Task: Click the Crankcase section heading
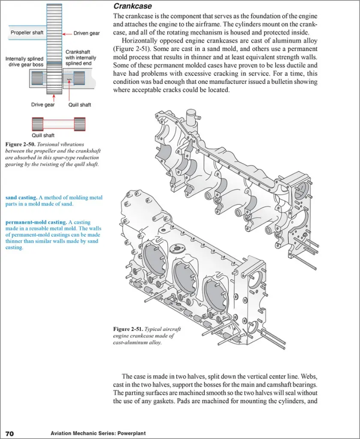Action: click(x=133, y=6)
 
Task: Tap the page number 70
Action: click(x=9, y=433)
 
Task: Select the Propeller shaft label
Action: click(x=27, y=33)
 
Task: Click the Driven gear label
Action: click(x=87, y=33)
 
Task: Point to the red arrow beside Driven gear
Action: click(x=67, y=34)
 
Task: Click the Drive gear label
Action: click(x=43, y=105)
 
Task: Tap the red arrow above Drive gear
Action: click(x=54, y=98)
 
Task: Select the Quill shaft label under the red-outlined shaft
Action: click(x=43, y=135)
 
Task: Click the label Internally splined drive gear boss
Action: click(x=24, y=62)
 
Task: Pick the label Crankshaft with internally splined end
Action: click(x=81, y=58)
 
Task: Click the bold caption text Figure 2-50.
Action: click(x=20, y=144)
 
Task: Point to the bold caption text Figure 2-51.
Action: click(x=128, y=329)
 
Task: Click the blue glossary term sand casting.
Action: click(x=21, y=197)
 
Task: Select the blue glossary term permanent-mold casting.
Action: click(x=36, y=223)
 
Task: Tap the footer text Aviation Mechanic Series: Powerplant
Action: click(x=98, y=433)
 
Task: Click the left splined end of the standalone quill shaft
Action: click(x=38, y=124)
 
